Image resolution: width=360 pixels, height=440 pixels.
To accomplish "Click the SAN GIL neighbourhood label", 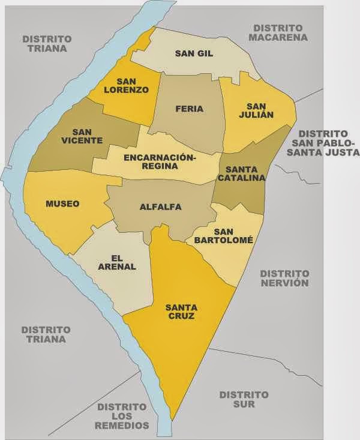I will [194, 53].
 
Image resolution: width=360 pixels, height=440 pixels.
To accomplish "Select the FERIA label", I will [189, 109].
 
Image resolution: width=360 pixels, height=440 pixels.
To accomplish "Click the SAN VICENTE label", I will [86, 136].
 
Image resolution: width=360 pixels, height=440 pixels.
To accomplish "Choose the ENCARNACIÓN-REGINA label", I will [159, 161].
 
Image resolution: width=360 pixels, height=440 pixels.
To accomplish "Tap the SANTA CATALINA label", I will [242, 173].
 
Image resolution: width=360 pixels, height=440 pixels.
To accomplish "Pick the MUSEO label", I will [62, 204].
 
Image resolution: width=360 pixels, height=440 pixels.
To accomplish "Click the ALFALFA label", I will [160, 207].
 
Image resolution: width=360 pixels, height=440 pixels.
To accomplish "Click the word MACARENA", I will [280, 38].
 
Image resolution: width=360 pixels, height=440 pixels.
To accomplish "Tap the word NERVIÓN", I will [284, 283].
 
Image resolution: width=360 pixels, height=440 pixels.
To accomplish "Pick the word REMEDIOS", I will [121, 426].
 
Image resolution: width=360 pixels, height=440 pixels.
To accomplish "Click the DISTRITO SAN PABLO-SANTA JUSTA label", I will [323, 143].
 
